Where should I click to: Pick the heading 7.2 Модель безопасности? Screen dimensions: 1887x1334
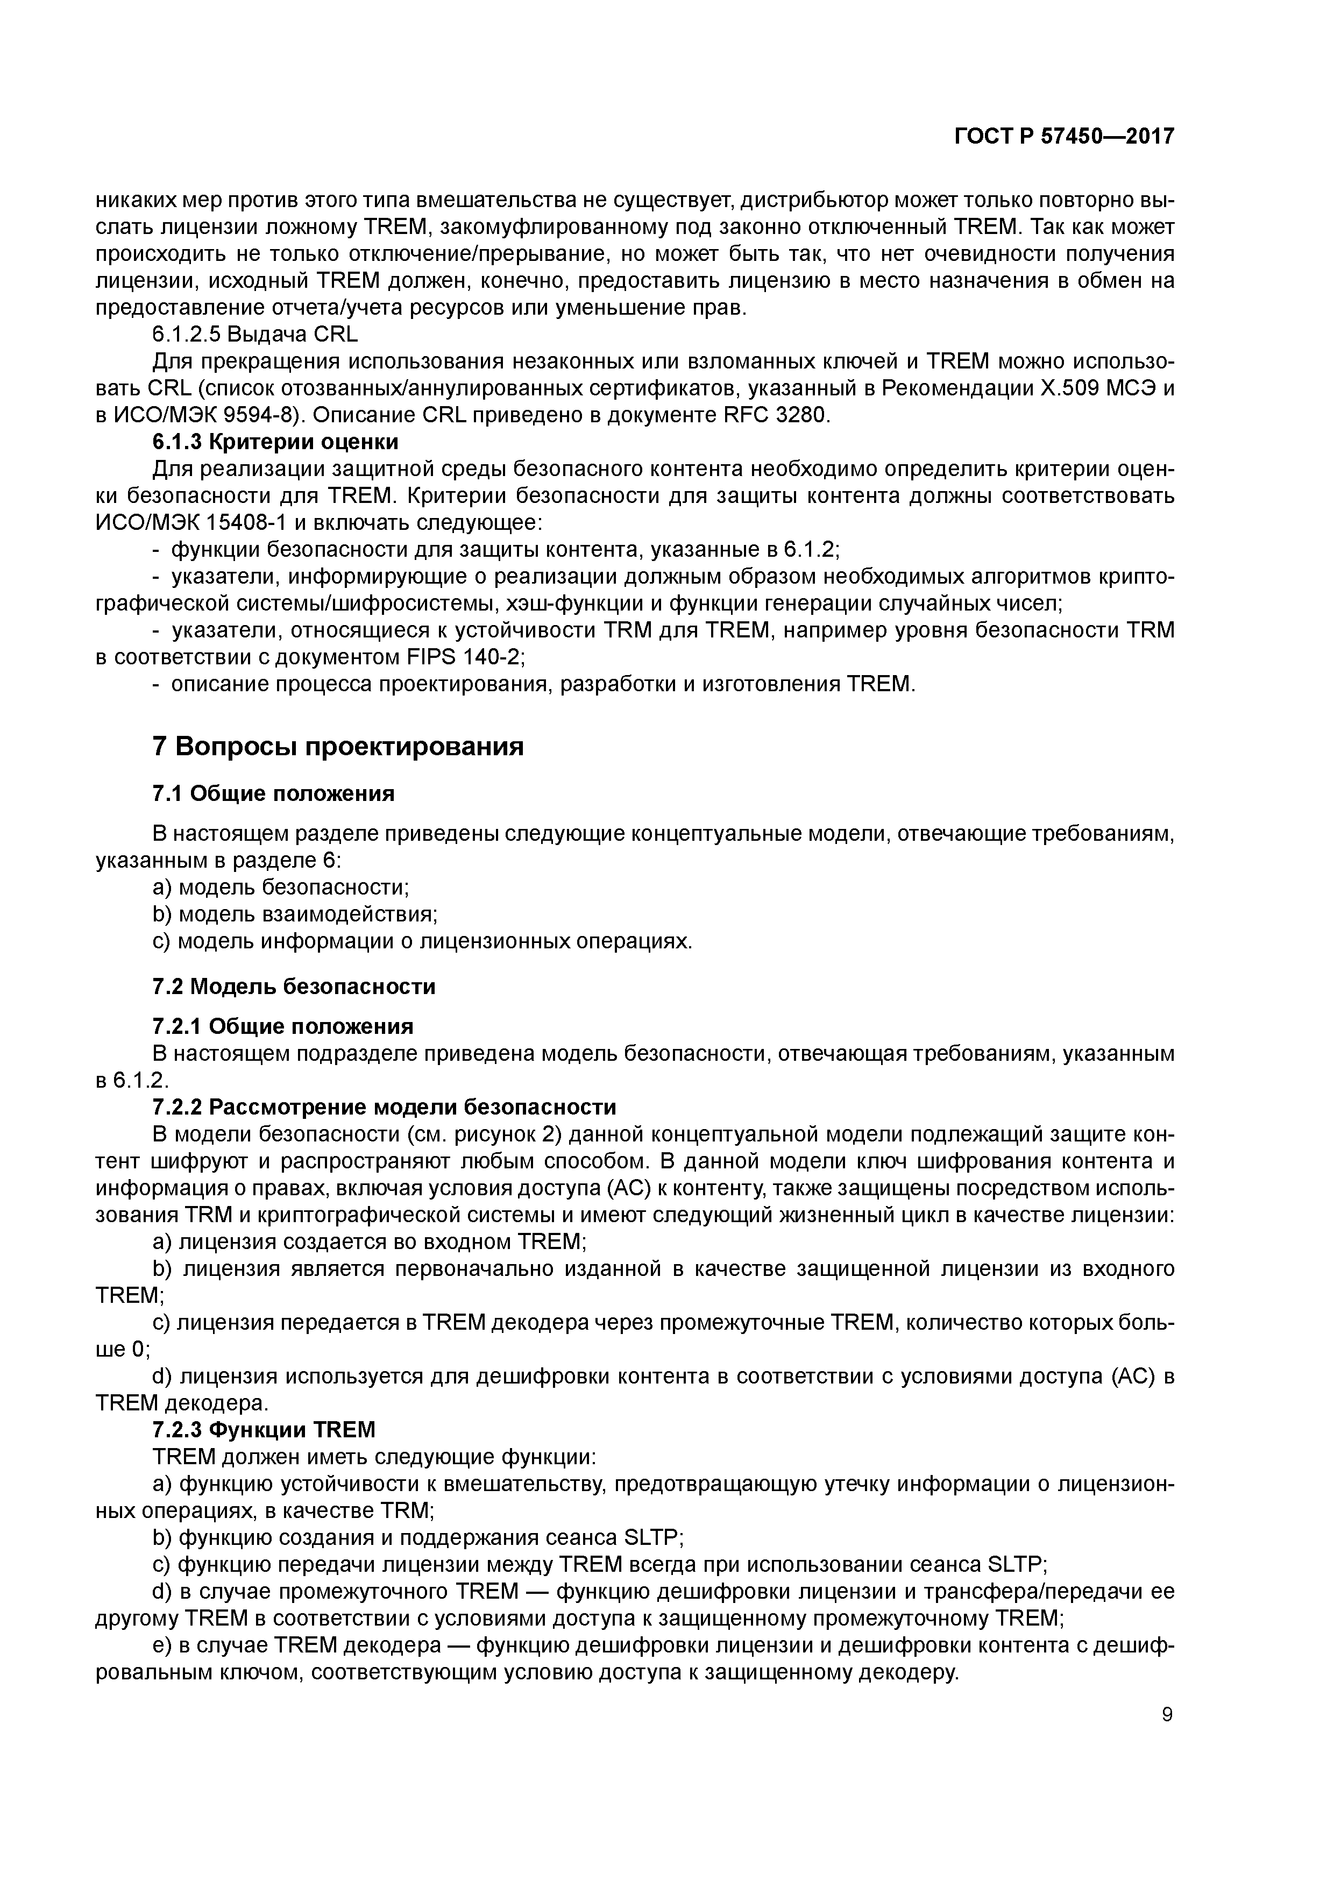[x=294, y=986]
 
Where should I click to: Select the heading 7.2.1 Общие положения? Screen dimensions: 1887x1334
[x=283, y=1026]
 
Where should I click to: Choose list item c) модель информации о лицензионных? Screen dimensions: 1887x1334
[x=422, y=941]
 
